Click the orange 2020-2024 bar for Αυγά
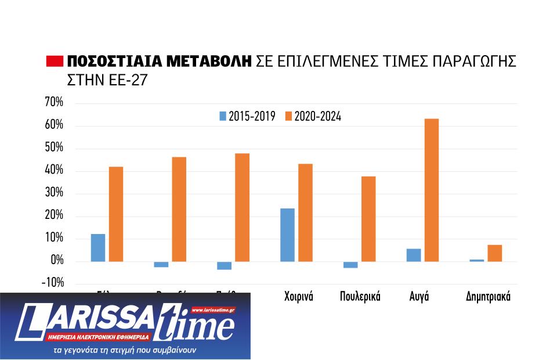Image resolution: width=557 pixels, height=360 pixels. click(432, 190)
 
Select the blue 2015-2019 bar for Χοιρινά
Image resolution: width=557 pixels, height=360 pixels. click(287, 235)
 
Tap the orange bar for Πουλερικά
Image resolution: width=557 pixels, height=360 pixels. click(368, 218)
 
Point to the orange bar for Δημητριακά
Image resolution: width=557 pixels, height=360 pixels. click(494, 253)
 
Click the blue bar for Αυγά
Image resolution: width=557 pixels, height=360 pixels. click(414, 255)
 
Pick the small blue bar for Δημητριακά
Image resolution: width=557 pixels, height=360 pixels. click(477, 260)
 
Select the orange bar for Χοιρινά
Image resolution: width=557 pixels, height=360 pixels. click(305, 213)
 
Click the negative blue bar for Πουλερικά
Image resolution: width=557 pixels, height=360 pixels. click(350, 265)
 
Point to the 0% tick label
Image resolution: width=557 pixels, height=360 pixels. click(57, 261)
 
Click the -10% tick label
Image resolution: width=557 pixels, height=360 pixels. click(52, 283)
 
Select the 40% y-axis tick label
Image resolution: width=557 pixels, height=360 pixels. click(54, 171)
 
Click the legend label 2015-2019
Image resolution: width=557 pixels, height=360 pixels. click(252, 116)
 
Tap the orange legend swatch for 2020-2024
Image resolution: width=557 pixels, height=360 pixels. click(288, 116)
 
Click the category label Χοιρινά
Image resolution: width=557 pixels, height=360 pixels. click(299, 297)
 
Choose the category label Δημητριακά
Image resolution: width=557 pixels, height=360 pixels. click(488, 297)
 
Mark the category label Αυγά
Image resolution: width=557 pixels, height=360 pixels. click(419, 297)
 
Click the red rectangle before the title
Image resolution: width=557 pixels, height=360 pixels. click(54, 62)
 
